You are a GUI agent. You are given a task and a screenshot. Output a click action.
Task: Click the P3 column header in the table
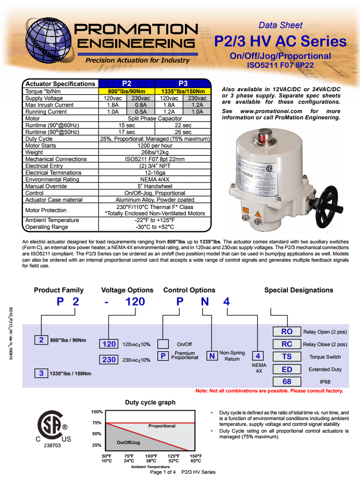point(183,83)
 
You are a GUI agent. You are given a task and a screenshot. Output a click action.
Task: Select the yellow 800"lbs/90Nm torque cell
point(127,91)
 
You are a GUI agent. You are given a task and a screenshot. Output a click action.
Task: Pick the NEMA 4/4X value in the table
point(155,179)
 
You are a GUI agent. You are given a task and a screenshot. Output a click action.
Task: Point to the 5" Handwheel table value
point(155,186)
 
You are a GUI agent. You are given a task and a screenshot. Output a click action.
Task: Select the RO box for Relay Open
point(287,331)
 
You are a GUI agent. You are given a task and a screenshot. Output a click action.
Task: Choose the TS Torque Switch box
point(287,357)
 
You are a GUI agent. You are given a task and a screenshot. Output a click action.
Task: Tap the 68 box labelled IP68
point(287,382)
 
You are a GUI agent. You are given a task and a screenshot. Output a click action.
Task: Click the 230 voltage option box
point(109,360)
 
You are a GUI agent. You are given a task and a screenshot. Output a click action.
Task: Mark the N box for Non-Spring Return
point(212,356)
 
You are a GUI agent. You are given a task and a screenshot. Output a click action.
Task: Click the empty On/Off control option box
point(163,344)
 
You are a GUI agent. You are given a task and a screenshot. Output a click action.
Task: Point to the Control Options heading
point(189,290)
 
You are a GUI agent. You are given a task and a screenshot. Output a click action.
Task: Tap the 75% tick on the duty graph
point(97,423)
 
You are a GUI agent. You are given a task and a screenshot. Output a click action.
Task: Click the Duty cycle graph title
point(150,402)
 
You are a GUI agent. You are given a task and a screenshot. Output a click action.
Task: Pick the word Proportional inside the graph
point(162,426)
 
